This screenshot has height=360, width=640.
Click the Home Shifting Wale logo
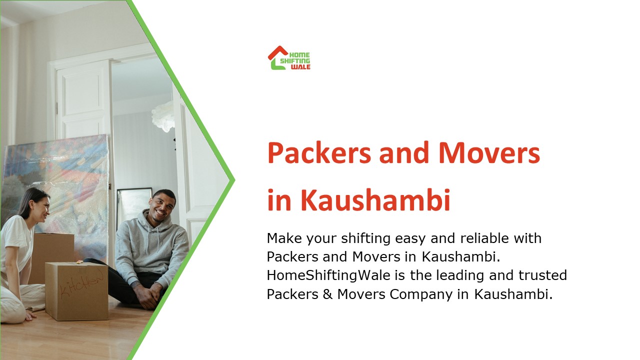tap(289, 58)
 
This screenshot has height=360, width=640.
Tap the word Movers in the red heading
tap(489, 153)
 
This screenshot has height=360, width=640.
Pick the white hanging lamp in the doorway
tap(164, 116)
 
